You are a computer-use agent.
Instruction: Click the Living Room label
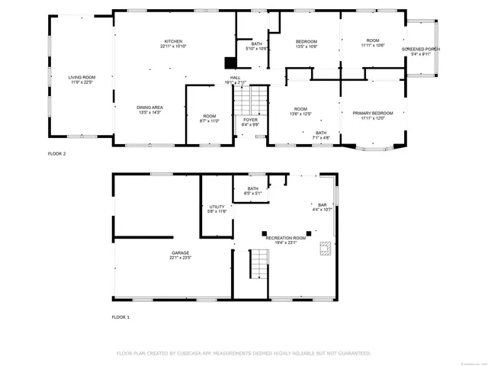coord(80,79)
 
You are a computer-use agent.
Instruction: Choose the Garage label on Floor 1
coord(180,255)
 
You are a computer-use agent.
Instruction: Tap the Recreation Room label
coord(286,240)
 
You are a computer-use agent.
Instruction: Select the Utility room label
coord(217,208)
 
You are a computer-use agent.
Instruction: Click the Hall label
coord(236,78)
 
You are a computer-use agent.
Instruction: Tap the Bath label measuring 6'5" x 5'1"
coord(252,191)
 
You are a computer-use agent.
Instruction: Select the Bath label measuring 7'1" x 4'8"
coord(321,135)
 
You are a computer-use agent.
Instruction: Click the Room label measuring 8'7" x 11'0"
coord(208,118)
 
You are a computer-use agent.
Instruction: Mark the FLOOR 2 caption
coord(57,154)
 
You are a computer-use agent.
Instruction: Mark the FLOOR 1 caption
coord(121,316)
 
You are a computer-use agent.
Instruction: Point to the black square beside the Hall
coord(228,64)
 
